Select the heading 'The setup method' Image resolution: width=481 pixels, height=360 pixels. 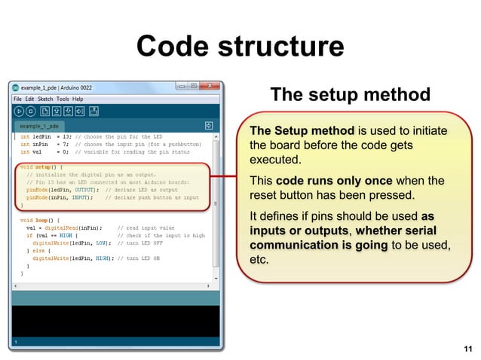[350, 95]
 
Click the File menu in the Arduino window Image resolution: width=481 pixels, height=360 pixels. [17, 99]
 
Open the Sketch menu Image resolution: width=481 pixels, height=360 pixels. [45, 99]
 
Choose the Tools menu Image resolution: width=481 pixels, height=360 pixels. [63, 99]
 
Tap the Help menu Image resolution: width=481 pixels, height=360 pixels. [78, 99]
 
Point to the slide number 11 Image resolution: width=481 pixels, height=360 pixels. [468, 348]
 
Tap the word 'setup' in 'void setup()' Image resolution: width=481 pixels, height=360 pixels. [44, 166]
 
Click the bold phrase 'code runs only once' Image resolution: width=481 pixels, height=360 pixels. [334, 181]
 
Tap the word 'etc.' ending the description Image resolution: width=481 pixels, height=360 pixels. [259, 261]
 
